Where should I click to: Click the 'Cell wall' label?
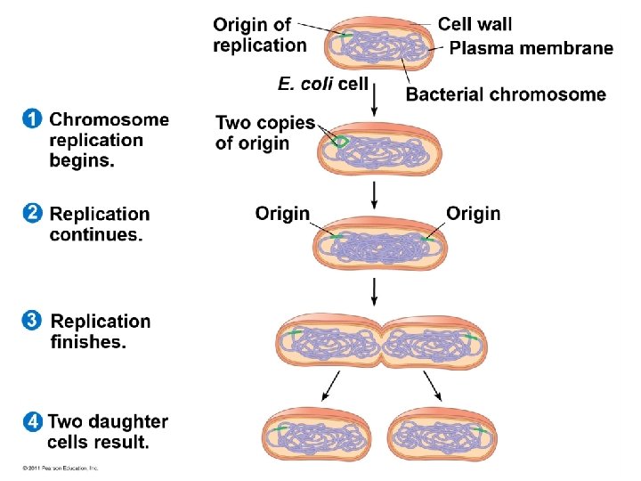[x=475, y=24]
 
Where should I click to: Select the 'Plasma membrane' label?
[x=531, y=48]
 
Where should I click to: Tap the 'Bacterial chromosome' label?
[x=506, y=94]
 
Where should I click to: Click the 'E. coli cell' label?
[x=322, y=84]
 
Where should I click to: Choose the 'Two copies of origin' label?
[x=264, y=133]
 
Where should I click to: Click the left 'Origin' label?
[x=282, y=214]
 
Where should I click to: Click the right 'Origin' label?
[x=473, y=214]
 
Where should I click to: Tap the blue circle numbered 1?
[x=32, y=118]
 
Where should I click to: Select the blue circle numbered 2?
[x=32, y=213]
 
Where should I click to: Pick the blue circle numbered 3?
[x=32, y=320]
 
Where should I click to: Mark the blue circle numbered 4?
[x=32, y=420]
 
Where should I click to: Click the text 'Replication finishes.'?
[x=101, y=331]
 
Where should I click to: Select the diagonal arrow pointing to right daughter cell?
[x=432, y=384]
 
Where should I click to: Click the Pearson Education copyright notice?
[x=61, y=468]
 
